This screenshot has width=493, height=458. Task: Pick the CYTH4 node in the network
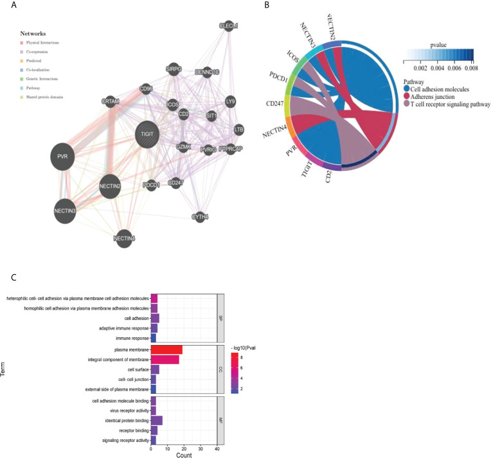point(201,217)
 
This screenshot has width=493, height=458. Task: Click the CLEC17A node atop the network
point(229,26)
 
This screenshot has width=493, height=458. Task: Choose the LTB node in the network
point(239,129)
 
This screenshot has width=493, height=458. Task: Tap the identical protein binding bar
point(156,420)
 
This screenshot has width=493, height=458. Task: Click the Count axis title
point(184,454)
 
